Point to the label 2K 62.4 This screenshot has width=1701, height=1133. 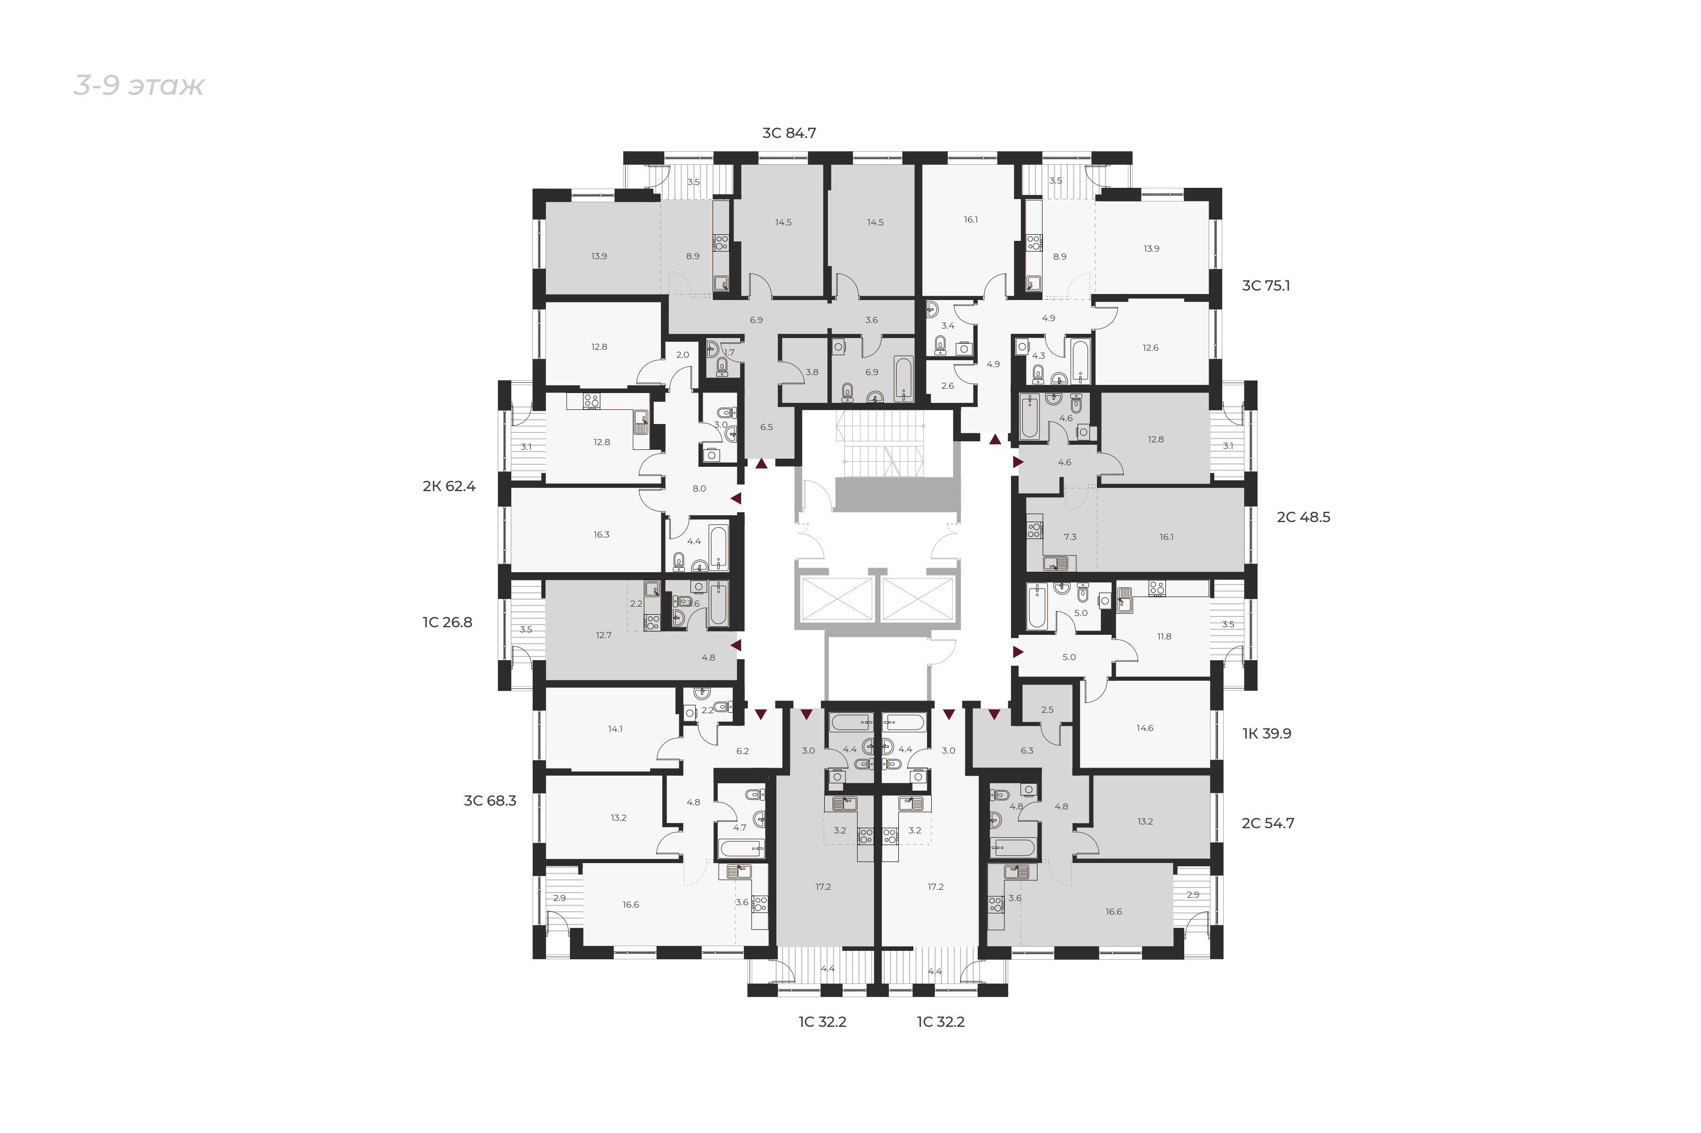tap(449, 486)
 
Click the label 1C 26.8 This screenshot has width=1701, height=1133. tap(447, 622)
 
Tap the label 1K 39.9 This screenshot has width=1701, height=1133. tap(1266, 733)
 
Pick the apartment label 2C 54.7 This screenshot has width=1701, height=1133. tap(1268, 823)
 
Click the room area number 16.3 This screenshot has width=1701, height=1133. tap(602, 535)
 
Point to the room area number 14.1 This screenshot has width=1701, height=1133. tap(615, 729)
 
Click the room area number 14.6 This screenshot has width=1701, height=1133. tap(1144, 728)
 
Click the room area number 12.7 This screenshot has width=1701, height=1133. tap(603, 635)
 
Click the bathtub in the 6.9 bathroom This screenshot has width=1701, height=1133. tap(904, 378)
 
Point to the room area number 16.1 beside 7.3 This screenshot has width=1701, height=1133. tap(1166, 537)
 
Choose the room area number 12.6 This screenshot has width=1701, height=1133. tap(1150, 347)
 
